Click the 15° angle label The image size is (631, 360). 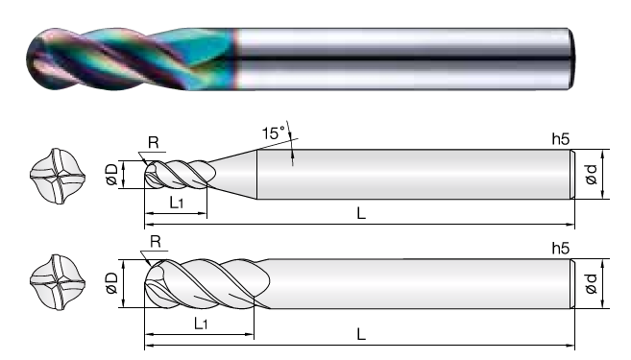click(274, 132)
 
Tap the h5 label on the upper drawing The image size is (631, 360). click(561, 139)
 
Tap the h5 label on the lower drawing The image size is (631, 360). click(561, 249)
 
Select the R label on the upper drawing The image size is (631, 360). click(154, 142)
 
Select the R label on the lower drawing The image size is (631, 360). click(156, 242)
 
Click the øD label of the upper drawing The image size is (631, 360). click(112, 174)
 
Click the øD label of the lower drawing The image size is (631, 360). click(111, 283)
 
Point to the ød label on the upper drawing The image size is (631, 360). click(592, 174)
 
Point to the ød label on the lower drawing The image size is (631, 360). click(591, 283)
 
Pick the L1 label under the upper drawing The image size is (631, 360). click(176, 203)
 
